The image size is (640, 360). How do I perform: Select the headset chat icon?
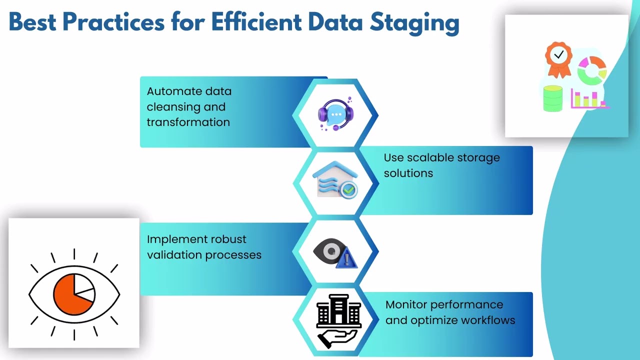pyautogui.click(x=335, y=114)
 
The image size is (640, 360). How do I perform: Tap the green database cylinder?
pyautogui.click(x=552, y=98)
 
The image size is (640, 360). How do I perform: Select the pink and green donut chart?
pyautogui.click(x=591, y=69)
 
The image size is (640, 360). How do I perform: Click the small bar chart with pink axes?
pyautogui.click(x=589, y=100)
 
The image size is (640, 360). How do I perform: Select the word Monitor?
pyautogui.click(x=406, y=304)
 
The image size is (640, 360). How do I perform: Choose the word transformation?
pyautogui.click(x=188, y=122)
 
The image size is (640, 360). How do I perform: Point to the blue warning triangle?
pyautogui.click(x=347, y=259)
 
